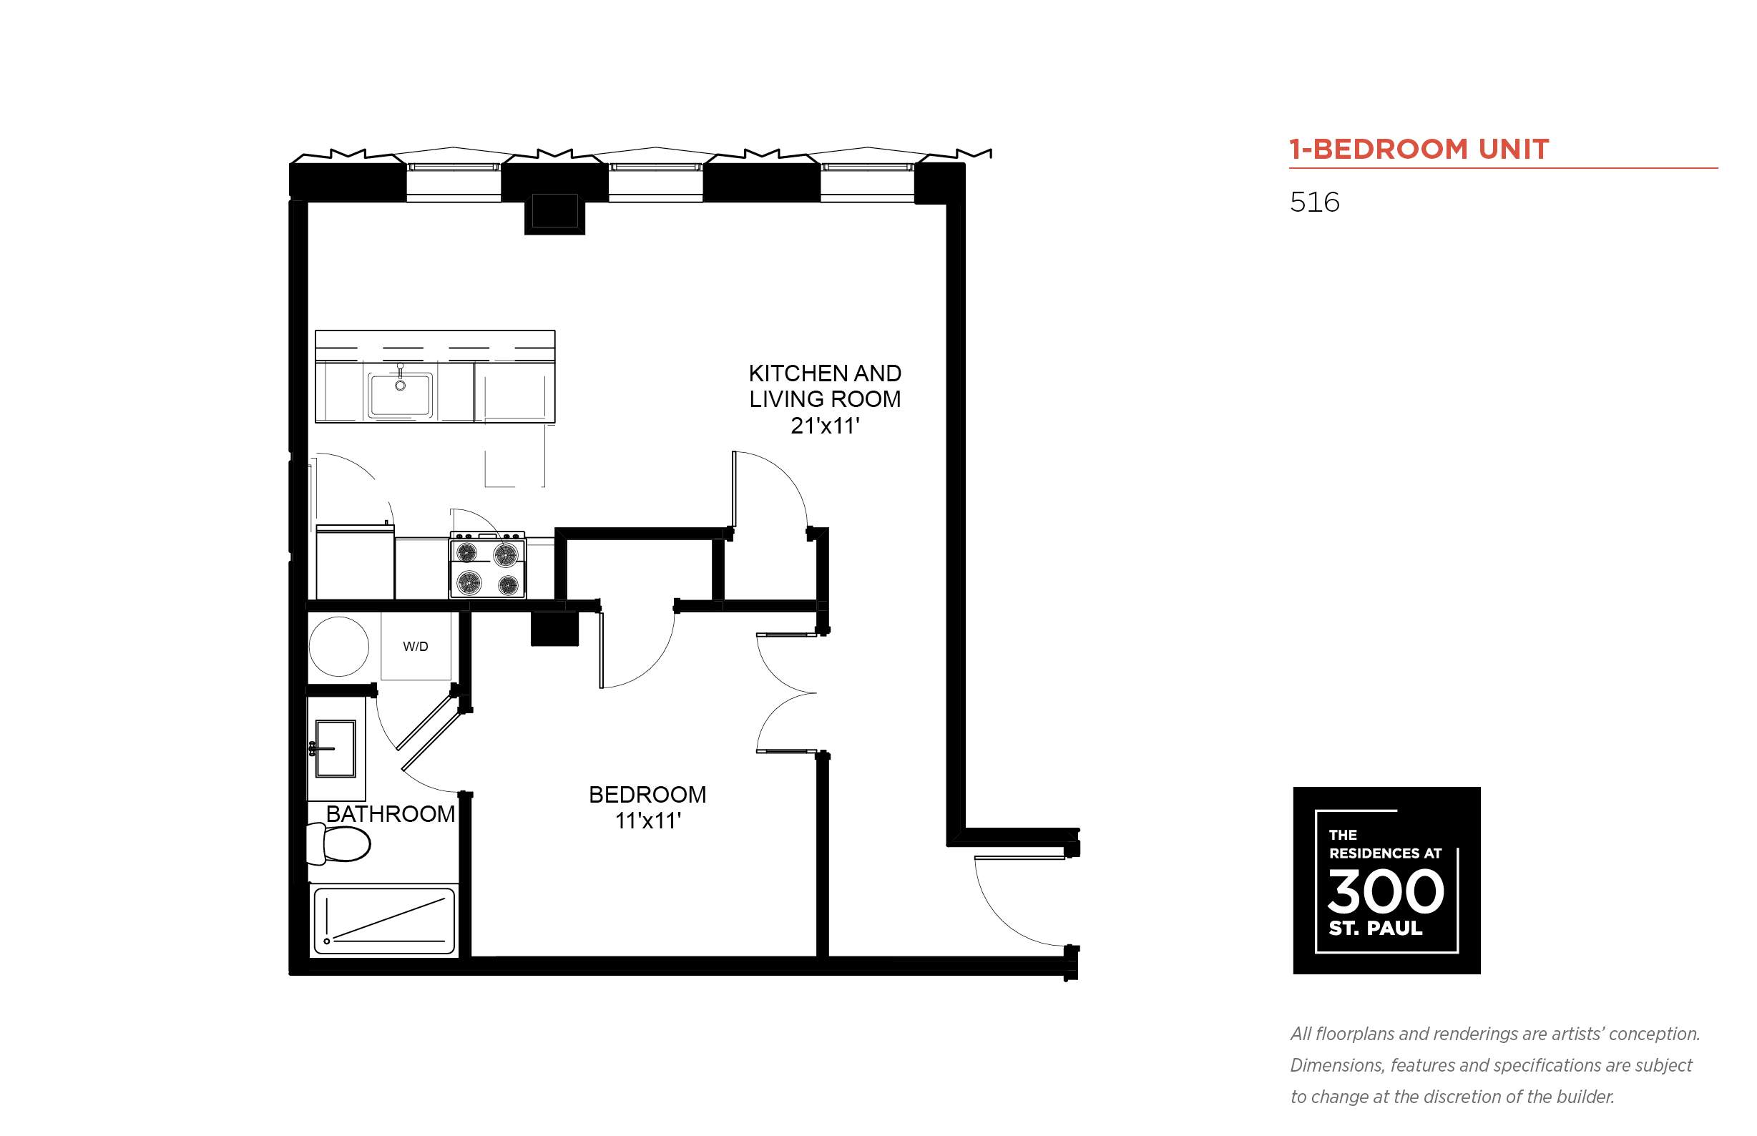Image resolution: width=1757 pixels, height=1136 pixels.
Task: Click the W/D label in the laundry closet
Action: tap(415, 647)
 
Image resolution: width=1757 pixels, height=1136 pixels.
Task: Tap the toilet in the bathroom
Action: tap(338, 844)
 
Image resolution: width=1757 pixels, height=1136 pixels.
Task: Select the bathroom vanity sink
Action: tap(336, 749)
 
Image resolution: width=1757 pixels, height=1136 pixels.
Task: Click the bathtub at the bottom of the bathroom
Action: tap(384, 921)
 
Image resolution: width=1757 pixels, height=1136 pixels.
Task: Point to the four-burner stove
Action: tap(488, 564)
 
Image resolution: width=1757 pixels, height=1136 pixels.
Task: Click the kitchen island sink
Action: tap(401, 395)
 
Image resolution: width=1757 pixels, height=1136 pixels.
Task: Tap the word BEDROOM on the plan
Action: tap(647, 795)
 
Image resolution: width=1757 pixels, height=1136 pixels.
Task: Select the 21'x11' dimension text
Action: tap(825, 426)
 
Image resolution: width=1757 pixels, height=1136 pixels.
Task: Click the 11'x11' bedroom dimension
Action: tap(647, 821)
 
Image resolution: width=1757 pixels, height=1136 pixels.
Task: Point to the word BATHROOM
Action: tap(390, 813)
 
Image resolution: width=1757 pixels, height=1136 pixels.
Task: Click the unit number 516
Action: tap(1314, 202)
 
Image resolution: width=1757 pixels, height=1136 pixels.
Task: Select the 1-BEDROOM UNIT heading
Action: tap(1419, 149)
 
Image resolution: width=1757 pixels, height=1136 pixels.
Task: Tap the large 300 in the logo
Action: tap(1385, 891)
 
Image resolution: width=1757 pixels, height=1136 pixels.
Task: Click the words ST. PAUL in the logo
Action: tap(1375, 928)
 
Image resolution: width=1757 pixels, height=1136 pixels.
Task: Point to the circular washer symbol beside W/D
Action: tap(338, 646)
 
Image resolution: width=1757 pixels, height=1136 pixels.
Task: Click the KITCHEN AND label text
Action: tap(825, 373)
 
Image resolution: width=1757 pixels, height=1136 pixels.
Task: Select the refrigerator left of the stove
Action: tap(355, 562)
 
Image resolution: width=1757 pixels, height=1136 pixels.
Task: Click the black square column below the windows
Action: tap(554, 214)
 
